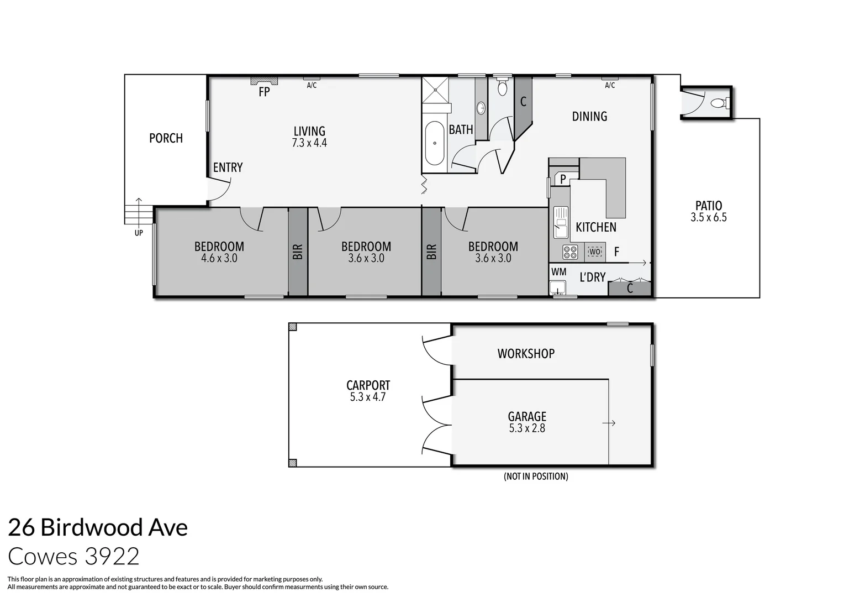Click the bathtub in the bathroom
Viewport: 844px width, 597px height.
click(435, 143)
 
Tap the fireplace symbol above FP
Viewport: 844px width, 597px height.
click(264, 81)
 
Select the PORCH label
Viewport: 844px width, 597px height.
click(166, 138)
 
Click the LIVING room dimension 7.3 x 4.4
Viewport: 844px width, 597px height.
click(309, 143)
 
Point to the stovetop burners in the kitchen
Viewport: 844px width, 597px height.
click(570, 252)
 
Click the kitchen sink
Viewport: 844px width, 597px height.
click(561, 222)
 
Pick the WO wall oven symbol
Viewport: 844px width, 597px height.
click(595, 252)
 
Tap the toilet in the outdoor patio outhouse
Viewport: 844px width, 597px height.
click(720, 103)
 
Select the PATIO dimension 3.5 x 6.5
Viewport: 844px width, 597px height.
click(709, 217)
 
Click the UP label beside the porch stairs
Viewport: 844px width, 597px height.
click(139, 233)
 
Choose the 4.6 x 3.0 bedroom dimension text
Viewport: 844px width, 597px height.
click(219, 258)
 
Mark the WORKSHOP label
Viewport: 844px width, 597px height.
click(526, 354)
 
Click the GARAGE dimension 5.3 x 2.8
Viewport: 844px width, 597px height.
click(527, 428)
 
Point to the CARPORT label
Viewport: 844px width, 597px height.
click(368, 385)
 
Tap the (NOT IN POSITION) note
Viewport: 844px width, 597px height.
click(536, 476)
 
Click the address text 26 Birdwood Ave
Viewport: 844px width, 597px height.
click(98, 527)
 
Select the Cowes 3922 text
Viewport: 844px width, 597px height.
click(73, 556)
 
